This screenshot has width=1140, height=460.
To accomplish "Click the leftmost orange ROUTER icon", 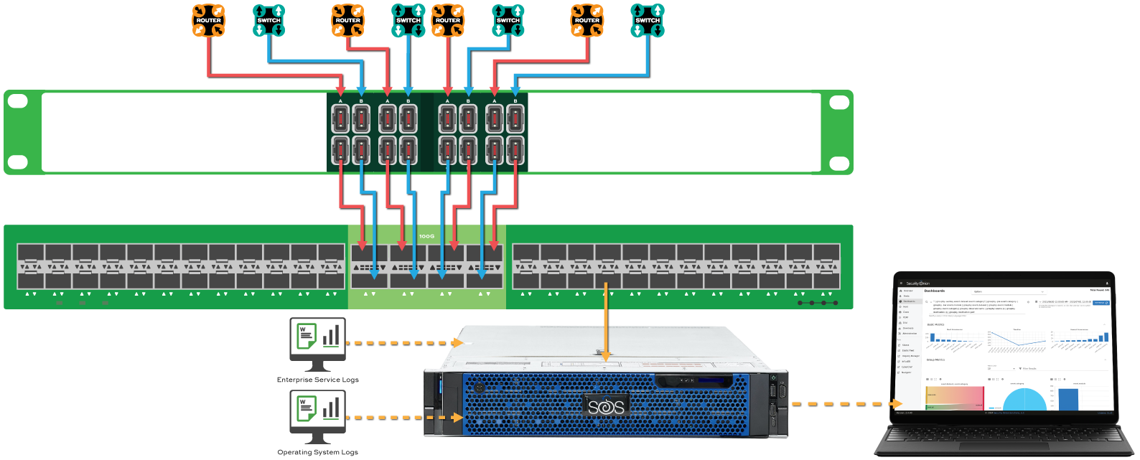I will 209,20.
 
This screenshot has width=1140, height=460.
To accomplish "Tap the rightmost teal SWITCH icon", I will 647,20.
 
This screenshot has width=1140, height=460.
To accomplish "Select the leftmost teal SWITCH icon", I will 269,20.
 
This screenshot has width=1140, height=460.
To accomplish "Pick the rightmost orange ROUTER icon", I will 587,20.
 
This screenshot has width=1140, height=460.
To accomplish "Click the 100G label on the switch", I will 426,236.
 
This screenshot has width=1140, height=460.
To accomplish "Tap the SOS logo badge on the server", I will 607,407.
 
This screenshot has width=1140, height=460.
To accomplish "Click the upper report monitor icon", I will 317,340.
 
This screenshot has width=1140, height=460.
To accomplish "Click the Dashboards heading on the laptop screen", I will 934,291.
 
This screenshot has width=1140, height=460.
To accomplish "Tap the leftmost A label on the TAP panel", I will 340,101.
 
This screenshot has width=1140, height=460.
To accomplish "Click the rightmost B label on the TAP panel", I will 515,101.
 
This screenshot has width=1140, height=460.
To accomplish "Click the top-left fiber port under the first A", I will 340,119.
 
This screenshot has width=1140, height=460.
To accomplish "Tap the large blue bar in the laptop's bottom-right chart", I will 1068,399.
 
